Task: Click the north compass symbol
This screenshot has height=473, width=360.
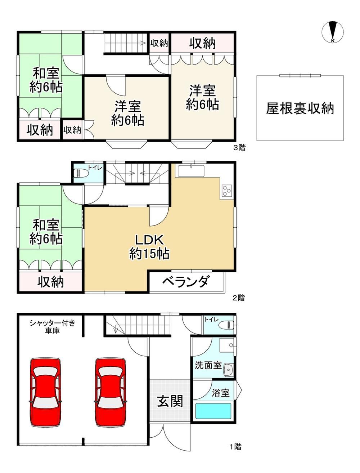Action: coord(332,32)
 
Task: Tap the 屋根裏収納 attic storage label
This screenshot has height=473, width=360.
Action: coord(300,108)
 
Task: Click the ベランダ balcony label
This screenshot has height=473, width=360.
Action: coord(185,281)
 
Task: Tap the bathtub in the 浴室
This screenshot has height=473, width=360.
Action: coord(213,411)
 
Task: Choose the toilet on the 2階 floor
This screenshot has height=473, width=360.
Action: coord(80,173)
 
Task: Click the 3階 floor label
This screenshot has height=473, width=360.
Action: coord(239,148)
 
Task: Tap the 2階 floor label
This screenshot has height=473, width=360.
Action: coord(239,298)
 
